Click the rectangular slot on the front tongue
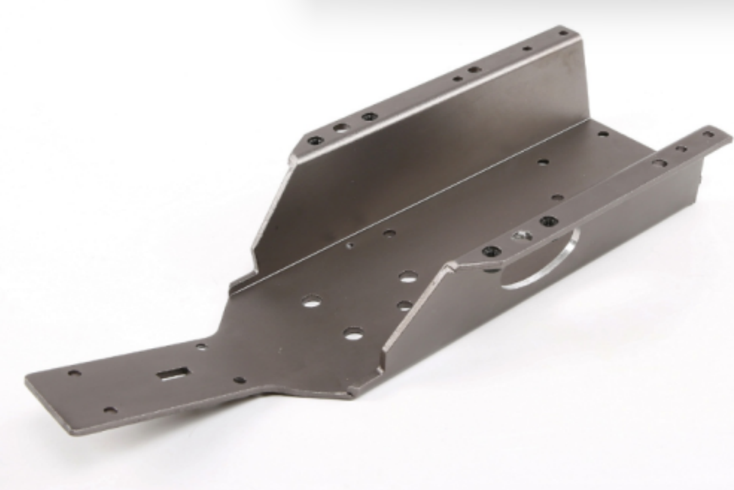(173, 374)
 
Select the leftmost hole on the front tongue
(75, 374)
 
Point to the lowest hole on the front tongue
(110, 410)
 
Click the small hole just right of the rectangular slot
(240, 380)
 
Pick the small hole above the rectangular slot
(201, 347)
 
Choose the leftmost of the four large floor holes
(312, 302)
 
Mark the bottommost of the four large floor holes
(353, 334)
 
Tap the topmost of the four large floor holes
(409, 277)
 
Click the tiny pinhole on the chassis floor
(350, 246)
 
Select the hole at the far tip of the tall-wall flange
(563, 33)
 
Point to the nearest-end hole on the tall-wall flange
(316, 141)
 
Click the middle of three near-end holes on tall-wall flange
(341, 128)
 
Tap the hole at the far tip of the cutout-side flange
(708, 134)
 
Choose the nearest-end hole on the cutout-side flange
(491, 251)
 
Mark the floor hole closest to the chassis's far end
(603, 134)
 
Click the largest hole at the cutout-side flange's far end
(659, 163)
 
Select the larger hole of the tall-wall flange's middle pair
(475, 69)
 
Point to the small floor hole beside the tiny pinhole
(390, 233)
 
